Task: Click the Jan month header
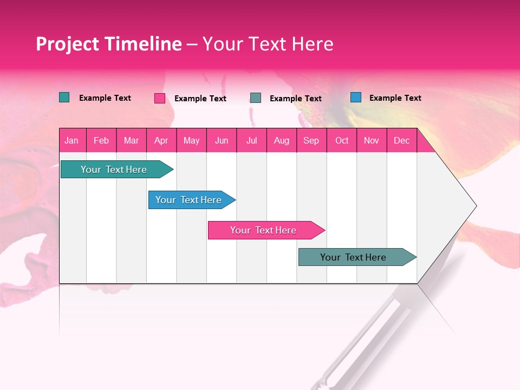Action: pyautogui.click(x=71, y=140)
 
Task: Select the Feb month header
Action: pyautogui.click(x=101, y=140)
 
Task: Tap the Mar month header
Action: pyautogui.click(x=131, y=140)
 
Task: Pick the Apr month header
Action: pyautogui.click(x=161, y=140)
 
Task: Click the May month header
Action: pyautogui.click(x=191, y=140)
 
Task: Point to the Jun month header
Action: pyautogui.click(x=222, y=140)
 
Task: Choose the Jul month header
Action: pyautogui.click(x=252, y=140)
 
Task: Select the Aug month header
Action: pyautogui.click(x=282, y=140)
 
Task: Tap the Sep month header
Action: pyautogui.click(x=311, y=140)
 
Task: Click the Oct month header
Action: pyautogui.click(x=342, y=140)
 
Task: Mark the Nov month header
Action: pyautogui.click(x=372, y=140)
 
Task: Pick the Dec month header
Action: pyautogui.click(x=402, y=140)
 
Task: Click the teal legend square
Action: pyautogui.click(x=64, y=97)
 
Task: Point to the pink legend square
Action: pyautogui.click(x=160, y=98)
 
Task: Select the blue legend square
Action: pyautogui.click(x=356, y=97)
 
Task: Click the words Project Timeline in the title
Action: pyautogui.click(x=109, y=44)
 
